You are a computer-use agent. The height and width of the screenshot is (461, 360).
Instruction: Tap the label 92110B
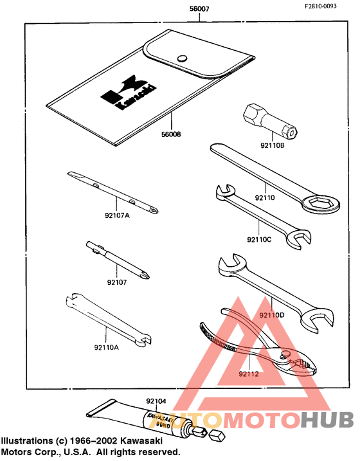(x=272, y=145)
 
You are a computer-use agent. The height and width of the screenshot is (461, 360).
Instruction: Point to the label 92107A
(x=117, y=215)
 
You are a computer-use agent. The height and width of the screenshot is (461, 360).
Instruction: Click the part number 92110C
(x=260, y=240)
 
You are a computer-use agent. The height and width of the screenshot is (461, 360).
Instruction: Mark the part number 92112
(x=248, y=373)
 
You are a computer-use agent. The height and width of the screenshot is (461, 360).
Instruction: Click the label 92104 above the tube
(x=156, y=401)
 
